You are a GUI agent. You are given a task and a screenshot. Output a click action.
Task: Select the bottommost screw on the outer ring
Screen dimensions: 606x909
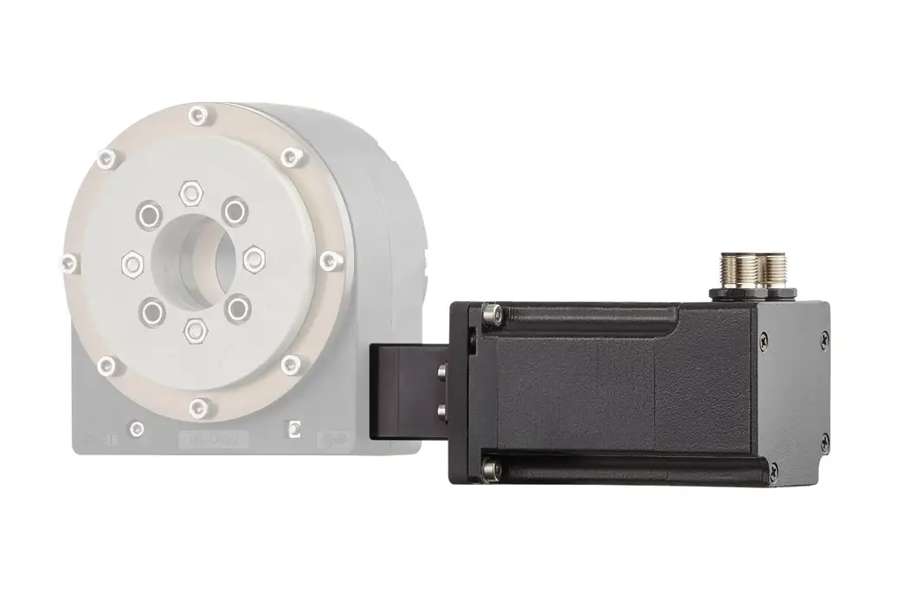click(200, 405)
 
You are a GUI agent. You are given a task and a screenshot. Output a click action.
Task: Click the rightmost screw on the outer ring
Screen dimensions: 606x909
click(326, 259)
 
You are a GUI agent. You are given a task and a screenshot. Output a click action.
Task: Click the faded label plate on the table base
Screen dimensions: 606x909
click(212, 441)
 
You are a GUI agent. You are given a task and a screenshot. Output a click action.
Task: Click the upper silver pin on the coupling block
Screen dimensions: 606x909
click(442, 372)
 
